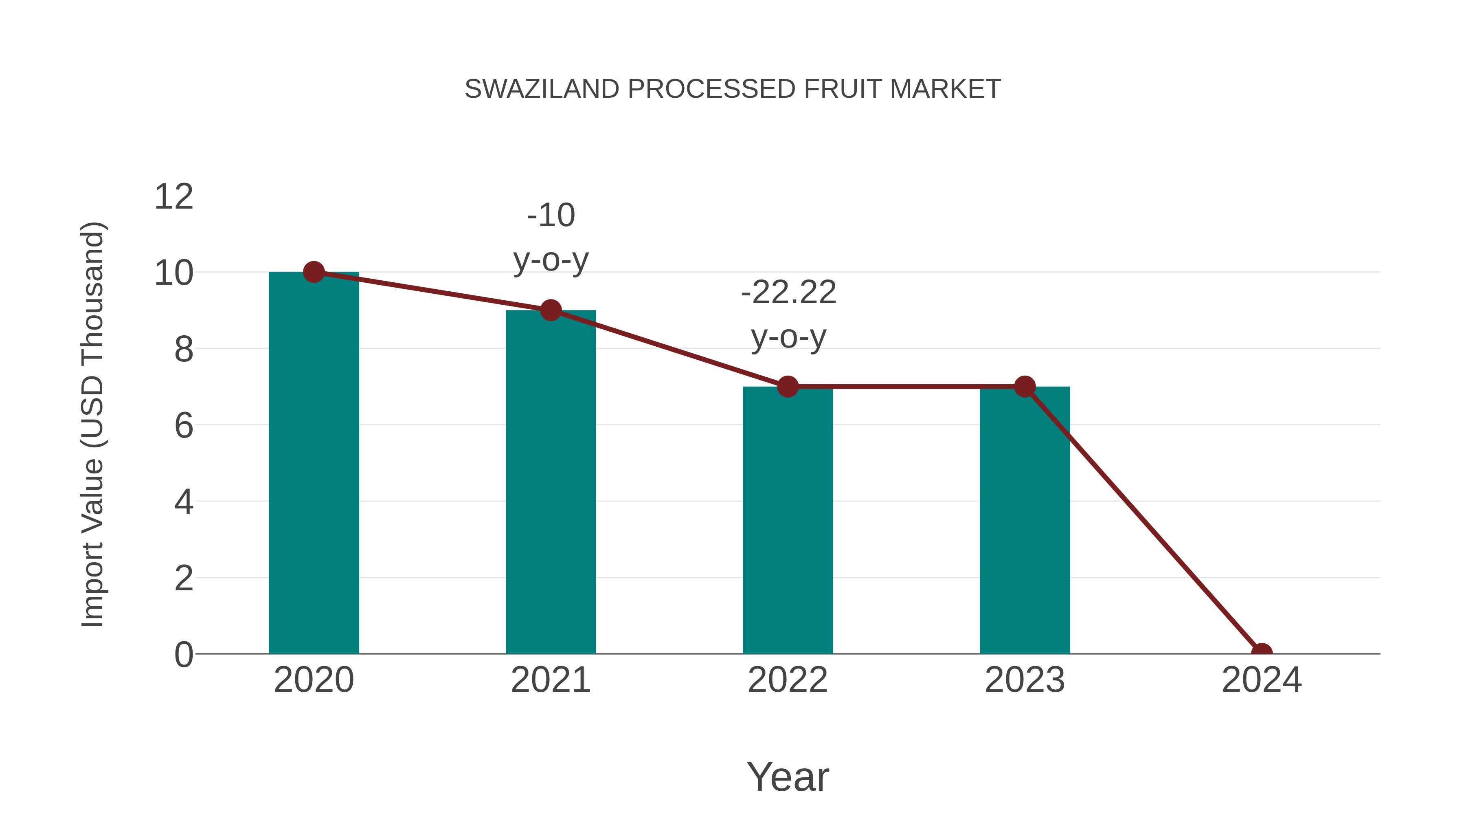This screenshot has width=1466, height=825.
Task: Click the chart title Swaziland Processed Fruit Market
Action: [x=733, y=89]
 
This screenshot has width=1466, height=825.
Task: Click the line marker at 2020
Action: [x=314, y=272]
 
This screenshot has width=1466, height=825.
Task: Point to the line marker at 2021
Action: [x=550, y=310]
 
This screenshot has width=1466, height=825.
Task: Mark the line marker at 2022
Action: [x=788, y=387]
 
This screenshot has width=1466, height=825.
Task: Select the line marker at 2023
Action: [x=1025, y=387]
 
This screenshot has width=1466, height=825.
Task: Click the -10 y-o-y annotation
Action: [x=550, y=238]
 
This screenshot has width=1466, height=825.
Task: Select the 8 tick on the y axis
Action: [x=183, y=349]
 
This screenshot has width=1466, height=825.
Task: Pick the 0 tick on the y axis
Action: [x=183, y=654]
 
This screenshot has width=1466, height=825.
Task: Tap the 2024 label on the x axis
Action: [x=1262, y=680]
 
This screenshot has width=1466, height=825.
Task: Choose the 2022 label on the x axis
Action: [x=788, y=680]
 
